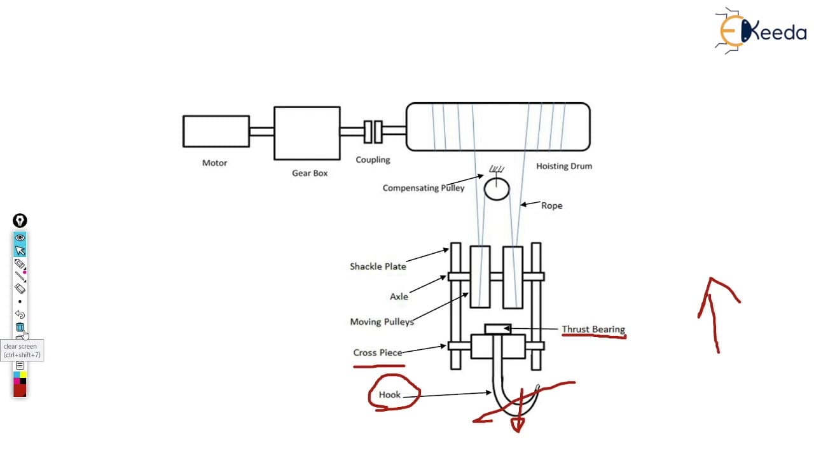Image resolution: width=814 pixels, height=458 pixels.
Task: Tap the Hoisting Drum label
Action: coord(564,166)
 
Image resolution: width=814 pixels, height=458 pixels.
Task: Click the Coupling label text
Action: coord(373,160)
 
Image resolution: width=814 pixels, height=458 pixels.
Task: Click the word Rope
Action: coord(551,205)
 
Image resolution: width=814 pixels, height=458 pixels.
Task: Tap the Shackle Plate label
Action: coord(378,267)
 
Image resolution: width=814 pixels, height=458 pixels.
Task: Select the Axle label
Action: coord(399,296)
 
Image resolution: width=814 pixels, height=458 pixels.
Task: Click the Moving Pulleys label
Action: coord(382,322)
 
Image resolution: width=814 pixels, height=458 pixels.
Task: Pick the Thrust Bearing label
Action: coord(593,330)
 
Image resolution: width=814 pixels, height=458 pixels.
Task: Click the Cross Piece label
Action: coord(378,352)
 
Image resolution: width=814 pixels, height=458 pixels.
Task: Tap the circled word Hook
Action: coord(390,395)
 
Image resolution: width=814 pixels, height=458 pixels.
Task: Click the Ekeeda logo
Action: coord(761,31)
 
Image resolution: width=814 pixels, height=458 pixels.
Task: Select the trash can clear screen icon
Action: coord(20,327)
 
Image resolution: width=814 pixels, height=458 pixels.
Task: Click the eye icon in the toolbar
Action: coord(20,237)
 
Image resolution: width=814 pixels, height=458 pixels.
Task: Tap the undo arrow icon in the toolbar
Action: coord(20,314)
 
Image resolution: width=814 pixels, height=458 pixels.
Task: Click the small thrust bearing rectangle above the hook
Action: coord(498,329)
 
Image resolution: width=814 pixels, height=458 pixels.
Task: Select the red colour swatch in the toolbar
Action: coord(20,391)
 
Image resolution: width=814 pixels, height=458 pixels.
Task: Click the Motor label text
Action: coord(215,163)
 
